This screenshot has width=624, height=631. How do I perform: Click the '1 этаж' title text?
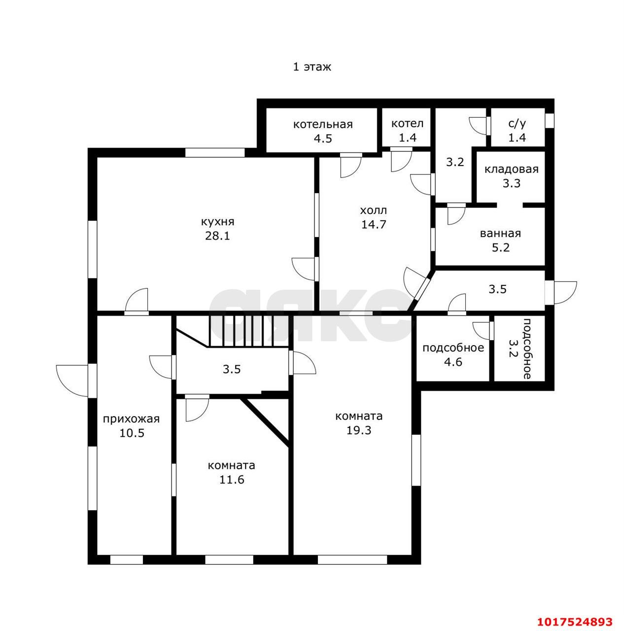click(312, 67)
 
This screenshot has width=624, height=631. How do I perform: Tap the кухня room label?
click(217, 222)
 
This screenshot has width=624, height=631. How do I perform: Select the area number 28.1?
click(217, 236)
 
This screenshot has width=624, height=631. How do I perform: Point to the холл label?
click(374, 210)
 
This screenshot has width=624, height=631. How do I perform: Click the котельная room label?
click(323, 124)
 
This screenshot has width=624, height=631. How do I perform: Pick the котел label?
click(408, 123)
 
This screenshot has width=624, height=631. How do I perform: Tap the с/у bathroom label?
click(517, 124)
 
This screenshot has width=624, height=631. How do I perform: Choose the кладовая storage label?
click(511, 169)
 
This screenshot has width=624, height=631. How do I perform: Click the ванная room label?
click(500, 234)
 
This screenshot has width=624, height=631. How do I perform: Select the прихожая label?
click(131, 419)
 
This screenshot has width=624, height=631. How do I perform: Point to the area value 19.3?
click(359, 430)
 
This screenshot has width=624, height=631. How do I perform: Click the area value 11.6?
click(232, 480)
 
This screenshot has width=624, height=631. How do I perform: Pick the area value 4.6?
click(453, 362)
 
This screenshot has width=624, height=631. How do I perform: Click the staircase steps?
click(248, 331)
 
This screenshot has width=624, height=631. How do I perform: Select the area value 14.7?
click(374, 224)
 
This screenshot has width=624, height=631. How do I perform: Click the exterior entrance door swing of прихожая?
click(72, 380)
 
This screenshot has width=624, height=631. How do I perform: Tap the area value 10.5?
click(132, 433)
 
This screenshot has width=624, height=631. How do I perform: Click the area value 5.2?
click(500, 247)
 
